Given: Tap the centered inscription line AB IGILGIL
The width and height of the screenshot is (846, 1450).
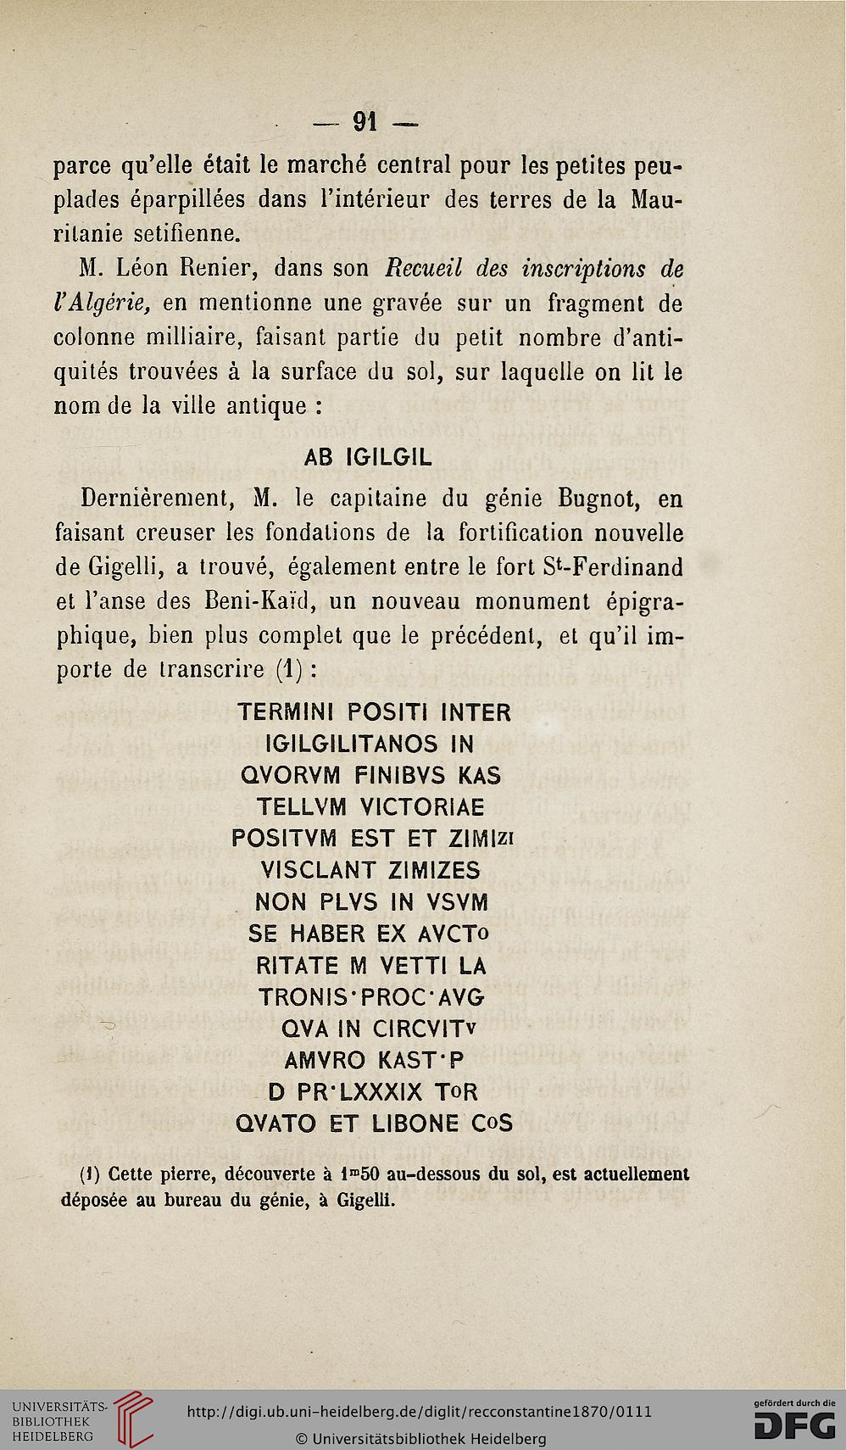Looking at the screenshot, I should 368,457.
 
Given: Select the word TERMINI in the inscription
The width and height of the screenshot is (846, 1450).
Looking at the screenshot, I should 288,712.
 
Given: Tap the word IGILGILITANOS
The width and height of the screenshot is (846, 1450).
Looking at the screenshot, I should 353,745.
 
